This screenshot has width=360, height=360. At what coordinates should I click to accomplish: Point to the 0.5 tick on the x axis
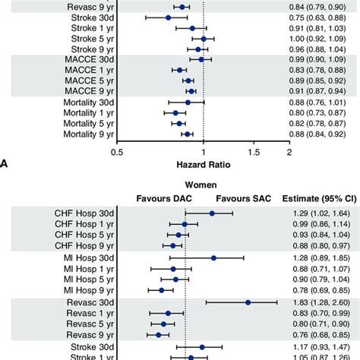[117, 151]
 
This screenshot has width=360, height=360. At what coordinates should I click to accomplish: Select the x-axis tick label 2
[289, 151]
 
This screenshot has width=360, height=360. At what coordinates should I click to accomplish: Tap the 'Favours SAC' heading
[241, 198]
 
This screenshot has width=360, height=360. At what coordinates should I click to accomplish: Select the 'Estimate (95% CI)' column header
[316, 198]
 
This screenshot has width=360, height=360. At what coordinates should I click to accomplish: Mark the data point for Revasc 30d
[248, 302]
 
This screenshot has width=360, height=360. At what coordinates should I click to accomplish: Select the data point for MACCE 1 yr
[179, 69]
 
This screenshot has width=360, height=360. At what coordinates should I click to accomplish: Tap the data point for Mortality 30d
[188, 102]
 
